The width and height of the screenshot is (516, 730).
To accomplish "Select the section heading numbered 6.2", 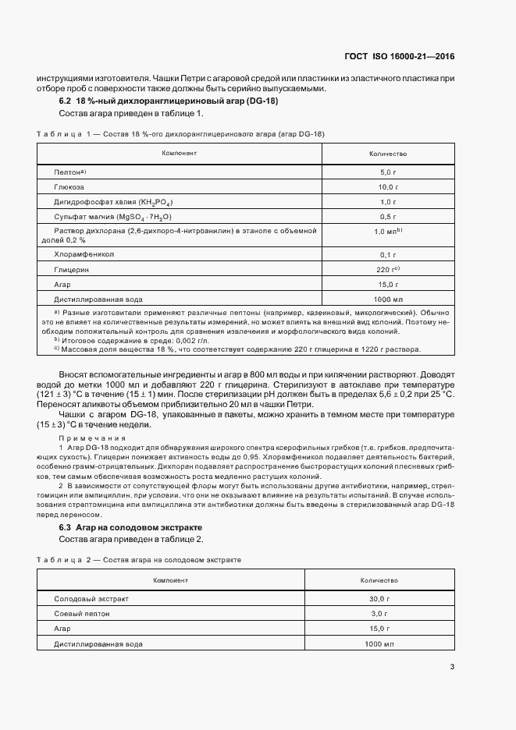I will tap(169, 101).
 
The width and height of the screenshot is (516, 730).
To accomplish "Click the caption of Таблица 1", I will tap(180, 134).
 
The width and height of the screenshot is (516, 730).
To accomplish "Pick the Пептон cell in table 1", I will tap(69, 172).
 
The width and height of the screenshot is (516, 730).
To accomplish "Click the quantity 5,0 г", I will tap(388, 172).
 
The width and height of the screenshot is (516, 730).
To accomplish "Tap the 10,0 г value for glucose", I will tap(388, 188).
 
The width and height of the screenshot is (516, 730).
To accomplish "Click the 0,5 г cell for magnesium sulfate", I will tap(388, 217).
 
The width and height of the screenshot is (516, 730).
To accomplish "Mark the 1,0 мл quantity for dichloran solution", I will tap(388, 232).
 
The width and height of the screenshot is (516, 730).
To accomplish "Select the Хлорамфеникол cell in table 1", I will tap(84, 254).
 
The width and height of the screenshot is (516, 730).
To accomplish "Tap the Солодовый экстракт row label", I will tap(91, 599).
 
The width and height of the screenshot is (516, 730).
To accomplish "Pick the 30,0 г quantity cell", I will tap(379, 599).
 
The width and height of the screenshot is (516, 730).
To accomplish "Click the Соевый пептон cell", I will tap(82, 614).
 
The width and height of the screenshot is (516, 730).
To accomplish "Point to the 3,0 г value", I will tap(379, 614).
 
